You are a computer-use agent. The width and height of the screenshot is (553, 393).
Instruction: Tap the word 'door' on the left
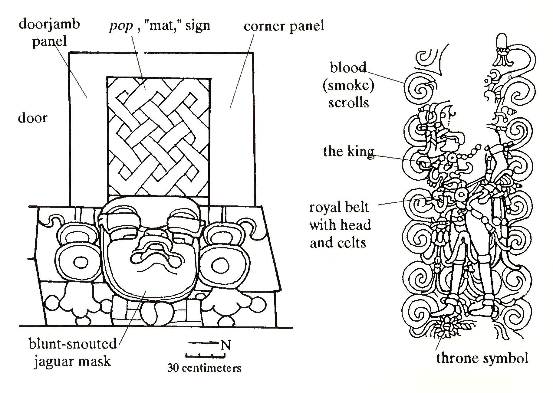(x=33, y=117)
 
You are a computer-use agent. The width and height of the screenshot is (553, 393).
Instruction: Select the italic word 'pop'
(x=121, y=26)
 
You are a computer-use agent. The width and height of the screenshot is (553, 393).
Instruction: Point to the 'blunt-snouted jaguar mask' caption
(x=73, y=352)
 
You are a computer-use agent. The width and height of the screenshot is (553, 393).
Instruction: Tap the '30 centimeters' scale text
(x=204, y=368)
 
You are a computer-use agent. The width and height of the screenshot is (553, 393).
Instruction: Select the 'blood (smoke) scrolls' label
(x=348, y=85)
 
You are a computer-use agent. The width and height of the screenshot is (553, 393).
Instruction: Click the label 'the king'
(x=348, y=151)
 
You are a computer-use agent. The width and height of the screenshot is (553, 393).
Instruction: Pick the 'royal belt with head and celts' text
(x=340, y=225)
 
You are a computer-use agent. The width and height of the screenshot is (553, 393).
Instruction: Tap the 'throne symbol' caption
(x=482, y=358)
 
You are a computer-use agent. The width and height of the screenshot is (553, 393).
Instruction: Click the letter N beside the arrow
(x=225, y=345)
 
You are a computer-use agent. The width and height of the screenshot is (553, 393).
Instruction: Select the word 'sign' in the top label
(x=198, y=25)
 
